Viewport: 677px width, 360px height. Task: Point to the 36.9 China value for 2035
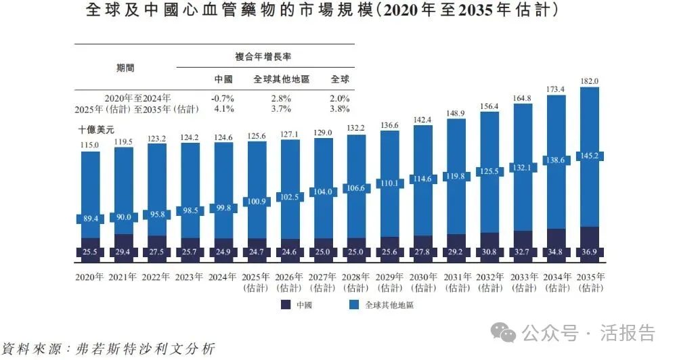pyautogui.click(x=589, y=252)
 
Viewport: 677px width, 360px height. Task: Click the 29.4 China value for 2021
pyautogui.click(x=123, y=252)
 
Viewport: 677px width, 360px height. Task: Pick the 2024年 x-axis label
pyautogui.click(x=223, y=277)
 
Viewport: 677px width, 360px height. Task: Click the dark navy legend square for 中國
pyautogui.click(x=286, y=305)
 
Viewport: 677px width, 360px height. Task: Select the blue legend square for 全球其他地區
pyautogui.click(x=353, y=305)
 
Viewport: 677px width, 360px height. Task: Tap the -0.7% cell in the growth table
pyautogui.click(x=223, y=98)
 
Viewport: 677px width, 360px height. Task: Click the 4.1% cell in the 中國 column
pyautogui.click(x=223, y=108)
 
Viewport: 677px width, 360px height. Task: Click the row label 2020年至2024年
pyautogui.click(x=137, y=98)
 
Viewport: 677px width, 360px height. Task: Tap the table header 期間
pyautogui.click(x=125, y=68)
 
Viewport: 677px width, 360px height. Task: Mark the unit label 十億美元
pyautogui.click(x=98, y=128)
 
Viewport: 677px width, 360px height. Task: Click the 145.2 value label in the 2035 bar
pyautogui.click(x=589, y=156)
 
